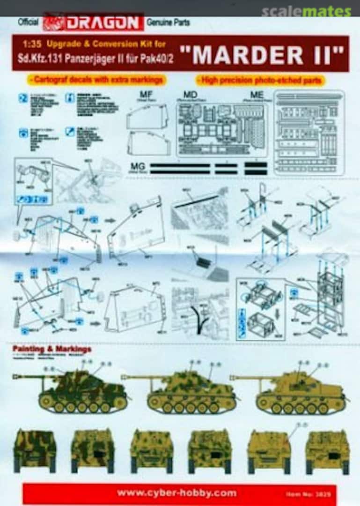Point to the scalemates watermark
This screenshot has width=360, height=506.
pyautogui.click(x=306, y=11)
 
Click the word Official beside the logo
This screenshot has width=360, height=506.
pyautogui.click(x=28, y=22)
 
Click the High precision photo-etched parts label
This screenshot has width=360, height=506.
pyautogui.click(x=260, y=80)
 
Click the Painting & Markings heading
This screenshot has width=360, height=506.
pyautogui.click(x=51, y=349)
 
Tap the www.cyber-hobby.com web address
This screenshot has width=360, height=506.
pyautogui.click(x=176, y=493)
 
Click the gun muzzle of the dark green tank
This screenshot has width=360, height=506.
pyautogui.click(x=15, y=375)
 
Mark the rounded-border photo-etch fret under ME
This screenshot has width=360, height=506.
pyautogui.click(x=309, y=132)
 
